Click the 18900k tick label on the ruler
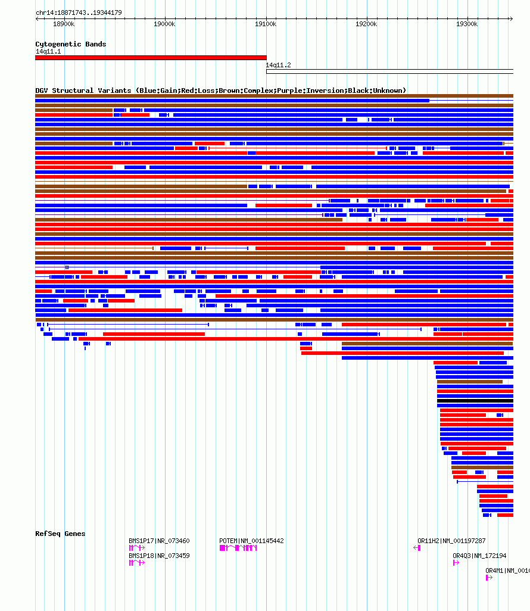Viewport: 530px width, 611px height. (x=64, y=24)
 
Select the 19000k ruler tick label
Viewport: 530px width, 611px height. (x=164, y=24)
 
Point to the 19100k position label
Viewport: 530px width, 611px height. (x=266, y=24)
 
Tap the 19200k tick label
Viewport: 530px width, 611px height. (x=366, y=24)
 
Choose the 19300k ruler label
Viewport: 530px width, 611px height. (x=467, y=24)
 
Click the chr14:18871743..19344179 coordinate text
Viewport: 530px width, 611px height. (x=79, y=13)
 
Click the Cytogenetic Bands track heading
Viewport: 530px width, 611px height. (x=70, y=44)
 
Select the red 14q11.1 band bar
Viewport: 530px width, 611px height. (x=151, y=58)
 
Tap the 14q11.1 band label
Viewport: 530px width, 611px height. (x=48, y=52)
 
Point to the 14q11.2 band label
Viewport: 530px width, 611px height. (x=278, y=65)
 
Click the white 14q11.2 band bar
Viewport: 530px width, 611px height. (x=389, y=71)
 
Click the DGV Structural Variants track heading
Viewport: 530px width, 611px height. (x=220, y=91)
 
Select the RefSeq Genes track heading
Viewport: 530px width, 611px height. (x=60, y=534)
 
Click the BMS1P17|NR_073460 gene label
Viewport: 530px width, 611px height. (x=159, y=541)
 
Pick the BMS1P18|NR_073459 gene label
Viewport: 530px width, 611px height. (x=159, y=556)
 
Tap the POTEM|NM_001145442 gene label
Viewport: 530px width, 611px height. (x=251, y=541)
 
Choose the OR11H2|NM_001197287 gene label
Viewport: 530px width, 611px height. (x=451, y=541)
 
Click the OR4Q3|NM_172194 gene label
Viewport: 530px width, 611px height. (x=479, y=556)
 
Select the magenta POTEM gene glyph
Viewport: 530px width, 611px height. (x=238, y=548)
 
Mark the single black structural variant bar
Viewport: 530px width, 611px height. (x=475, y=401)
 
